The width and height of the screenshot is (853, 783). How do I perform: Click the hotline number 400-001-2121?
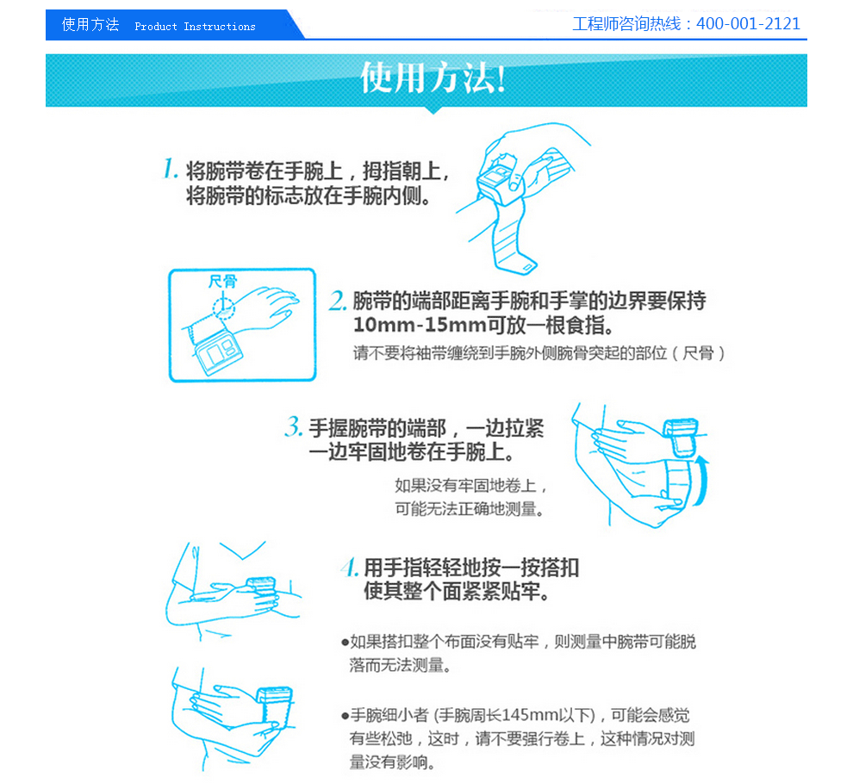pyautogui.click(x=748, y=24)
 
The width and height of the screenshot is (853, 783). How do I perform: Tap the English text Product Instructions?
pyautogui.click(x=195, y=27)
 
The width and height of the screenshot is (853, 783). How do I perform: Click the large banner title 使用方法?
pyautogui.click(x=433, y=78)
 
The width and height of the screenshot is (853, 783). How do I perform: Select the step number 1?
pyautogui.click(x=171, y=169)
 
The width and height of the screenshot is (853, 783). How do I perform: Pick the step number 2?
pyautogui.click(x=337, y=300)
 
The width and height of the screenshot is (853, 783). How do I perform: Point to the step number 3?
pyautogui.click(x=294, y=427)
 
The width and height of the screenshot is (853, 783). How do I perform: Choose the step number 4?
pyautogui.click(x=350, y=567)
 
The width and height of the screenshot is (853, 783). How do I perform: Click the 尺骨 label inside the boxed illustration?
pyautogui.click(x=223, y=281)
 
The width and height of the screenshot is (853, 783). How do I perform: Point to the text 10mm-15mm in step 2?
pyautogui.click(x=420, y=325)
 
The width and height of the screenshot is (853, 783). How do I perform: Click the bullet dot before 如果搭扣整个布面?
pyautogui.click(x=345, y=643)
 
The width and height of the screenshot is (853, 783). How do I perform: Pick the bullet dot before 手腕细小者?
pyautogui.click(x=345, y=716)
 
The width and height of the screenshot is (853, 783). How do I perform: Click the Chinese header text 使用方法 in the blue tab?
pyautogui.click(x=90, y=25)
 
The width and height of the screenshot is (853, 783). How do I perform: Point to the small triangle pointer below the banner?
pyautogui.click(x=433, y=110)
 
